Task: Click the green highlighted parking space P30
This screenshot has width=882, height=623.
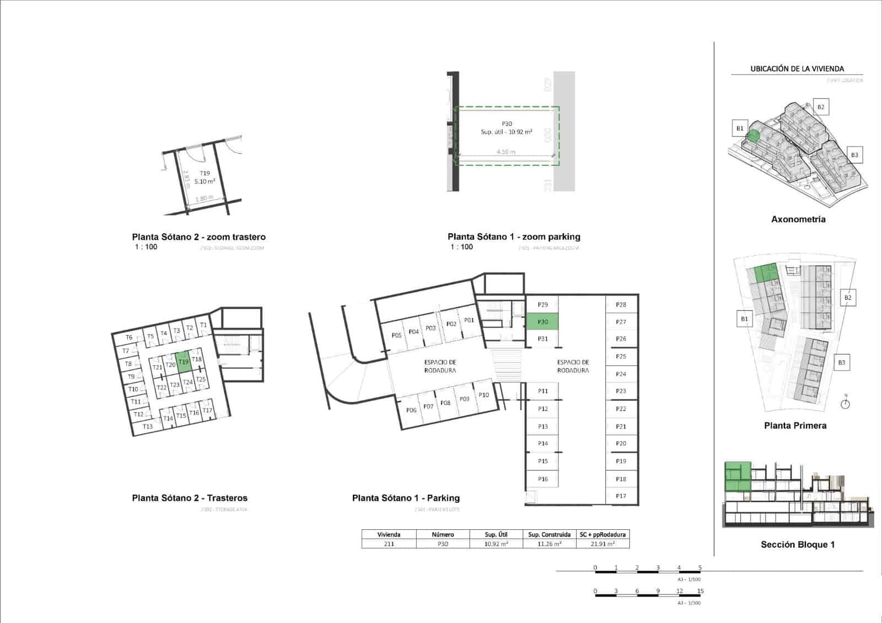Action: [x=542, y=321]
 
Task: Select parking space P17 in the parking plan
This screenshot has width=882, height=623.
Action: [x=621, y=496]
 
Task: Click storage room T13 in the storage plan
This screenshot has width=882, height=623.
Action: [x=147, y=426]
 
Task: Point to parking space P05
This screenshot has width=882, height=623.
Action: [x=396, y=335]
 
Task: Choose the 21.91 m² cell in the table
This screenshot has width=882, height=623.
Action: [x=603, y=544]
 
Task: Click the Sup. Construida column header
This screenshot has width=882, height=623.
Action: [x=549, y=534]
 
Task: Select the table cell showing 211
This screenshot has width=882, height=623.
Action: [x=389, y=544]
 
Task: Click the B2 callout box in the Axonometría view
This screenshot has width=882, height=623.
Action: [x=821, y=107]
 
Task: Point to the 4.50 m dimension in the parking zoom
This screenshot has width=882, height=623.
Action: [x=505, y=152]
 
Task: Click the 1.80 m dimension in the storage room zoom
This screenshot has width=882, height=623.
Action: [x=204, y=198]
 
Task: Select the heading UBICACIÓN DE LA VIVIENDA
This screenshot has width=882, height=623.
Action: [x=797, y=69]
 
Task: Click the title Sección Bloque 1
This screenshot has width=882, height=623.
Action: [x=797, y=544]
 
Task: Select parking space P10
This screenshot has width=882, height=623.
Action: [x=483, y=395]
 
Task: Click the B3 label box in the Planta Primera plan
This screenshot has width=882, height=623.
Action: [x=842, y=363]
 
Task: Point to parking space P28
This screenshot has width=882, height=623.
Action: [x=621, y=304]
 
